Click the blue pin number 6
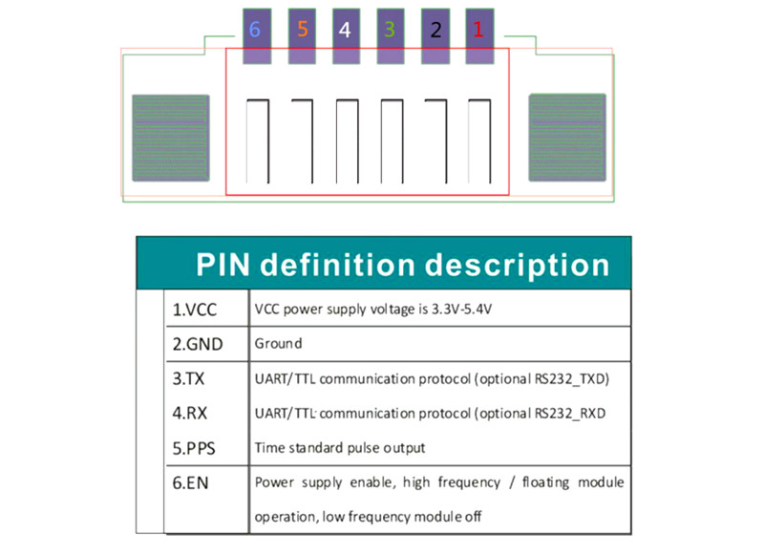[254, 30]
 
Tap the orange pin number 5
[302, 30]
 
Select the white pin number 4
[345, 31]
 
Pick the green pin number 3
[390, 30]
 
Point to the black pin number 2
[435, 31]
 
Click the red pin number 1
[478, 30]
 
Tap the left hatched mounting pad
[171, 138]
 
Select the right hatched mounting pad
[567, 138]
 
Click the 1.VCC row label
[195, 310]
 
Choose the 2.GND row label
[198, 345]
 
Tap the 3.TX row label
[188, 378]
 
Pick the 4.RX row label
[189, 414]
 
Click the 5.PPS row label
[194, 448]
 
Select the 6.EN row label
[190, 482]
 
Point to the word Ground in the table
[278, 344]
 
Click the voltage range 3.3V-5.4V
[462, 309]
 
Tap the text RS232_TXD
[572, 379]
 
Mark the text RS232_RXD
[570, 414]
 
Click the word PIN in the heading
[223, 265]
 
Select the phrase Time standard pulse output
[340, 448]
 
